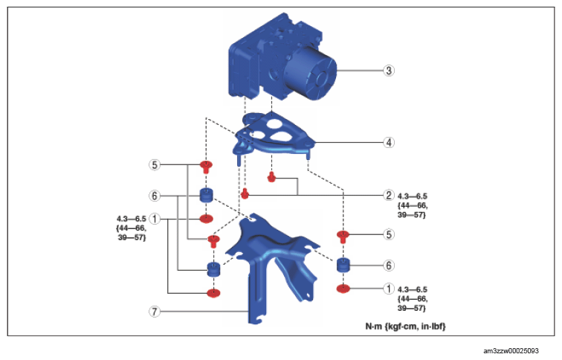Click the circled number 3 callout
pos(388,71)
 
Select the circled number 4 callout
pos(388,141)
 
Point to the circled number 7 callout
pos(155,312)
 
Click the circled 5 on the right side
pos(388,234)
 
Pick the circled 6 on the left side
pos(155,196)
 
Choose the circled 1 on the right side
pos(388,288)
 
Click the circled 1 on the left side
pos(155,219)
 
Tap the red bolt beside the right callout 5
pos(343,237)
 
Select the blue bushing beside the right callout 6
pos(343,266)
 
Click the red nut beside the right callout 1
pos(343,289)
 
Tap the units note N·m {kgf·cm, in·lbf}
pos(404,326)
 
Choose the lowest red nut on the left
pos(213,292)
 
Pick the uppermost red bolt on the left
pos(207,166)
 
